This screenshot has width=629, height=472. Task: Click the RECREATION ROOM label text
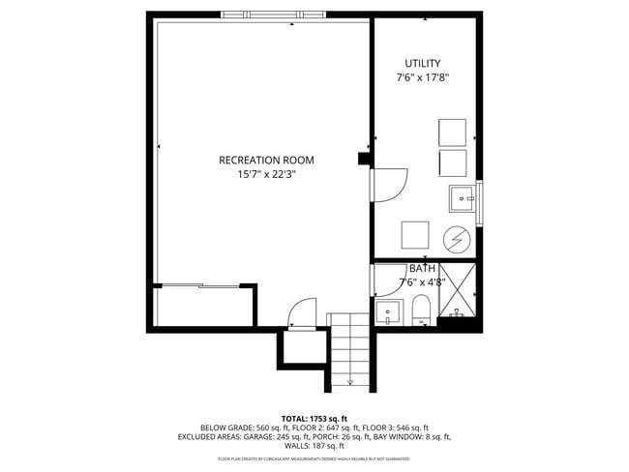(266, 161)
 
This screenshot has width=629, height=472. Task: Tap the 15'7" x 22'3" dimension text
(266, 175)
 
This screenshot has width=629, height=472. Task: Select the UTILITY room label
(422, 63)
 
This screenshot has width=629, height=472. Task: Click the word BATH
(422, 269)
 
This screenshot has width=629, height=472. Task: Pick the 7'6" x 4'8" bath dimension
(422, 282)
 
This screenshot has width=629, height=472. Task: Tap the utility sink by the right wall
(462, 198)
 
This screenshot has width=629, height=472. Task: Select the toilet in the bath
(421, 311)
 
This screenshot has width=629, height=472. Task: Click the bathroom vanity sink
(387, 313)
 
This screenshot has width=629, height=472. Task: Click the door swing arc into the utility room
(389, 184)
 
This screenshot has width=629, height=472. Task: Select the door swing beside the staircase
(302, 313)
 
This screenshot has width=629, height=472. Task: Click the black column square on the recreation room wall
(364, 160)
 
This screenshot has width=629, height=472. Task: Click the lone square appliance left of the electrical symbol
(415, 235)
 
